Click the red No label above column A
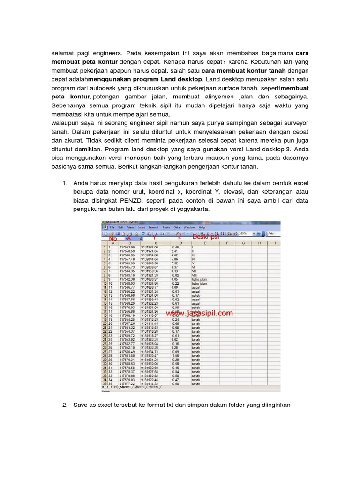[113, 238]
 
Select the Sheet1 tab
[125, 387]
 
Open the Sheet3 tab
[153, 387]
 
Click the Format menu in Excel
[154, 227]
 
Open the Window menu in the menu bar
[188, 227]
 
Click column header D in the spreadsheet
[180, 243]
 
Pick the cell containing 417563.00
[127, 247]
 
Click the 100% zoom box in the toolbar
[244, 233]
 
